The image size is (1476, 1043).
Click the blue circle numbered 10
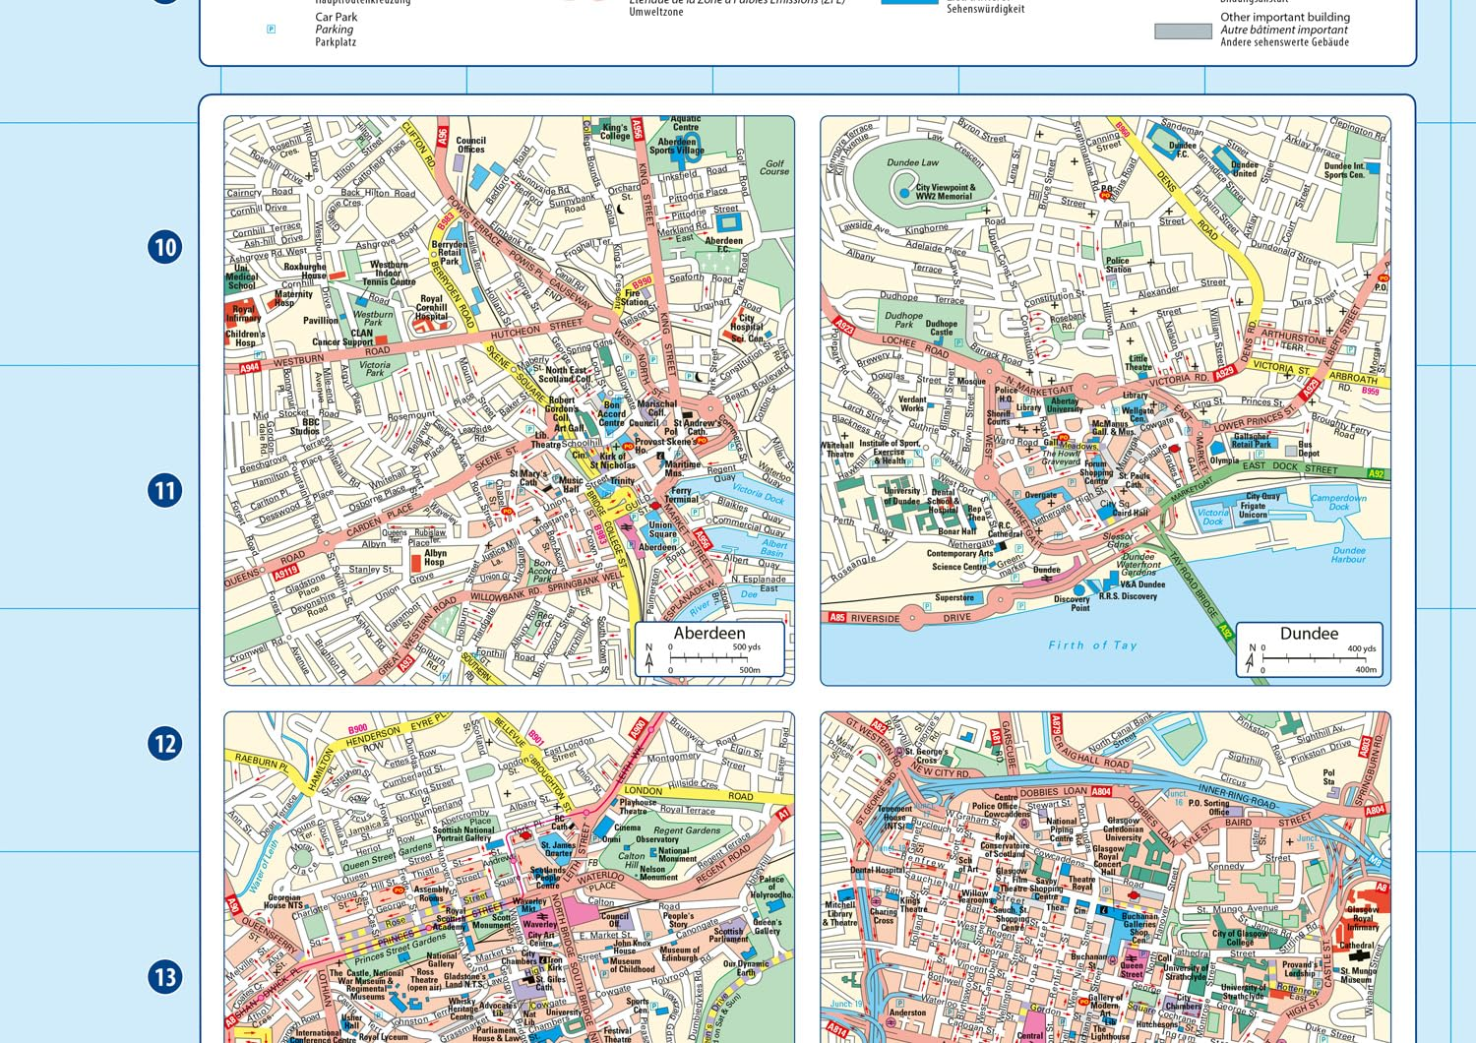point(165,246)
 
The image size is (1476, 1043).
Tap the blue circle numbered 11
point(165,490)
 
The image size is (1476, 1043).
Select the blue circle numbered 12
point(165,743)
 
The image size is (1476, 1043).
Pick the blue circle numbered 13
point(165,977)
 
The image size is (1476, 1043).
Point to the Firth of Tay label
point(1092,645)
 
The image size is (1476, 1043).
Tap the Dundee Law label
point(912,162)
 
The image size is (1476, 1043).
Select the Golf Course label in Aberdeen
point(774,167)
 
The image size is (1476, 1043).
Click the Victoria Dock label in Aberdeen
point(760,494)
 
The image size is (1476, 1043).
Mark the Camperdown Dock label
point(1338,502)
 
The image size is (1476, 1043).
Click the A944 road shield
point(250,368)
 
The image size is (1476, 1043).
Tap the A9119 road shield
point(285,571)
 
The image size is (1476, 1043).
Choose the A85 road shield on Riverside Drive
point(836,618)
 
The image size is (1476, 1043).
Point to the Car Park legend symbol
point(272,30)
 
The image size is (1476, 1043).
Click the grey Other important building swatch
point(1183,31)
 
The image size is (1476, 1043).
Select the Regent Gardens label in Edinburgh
point(687,830)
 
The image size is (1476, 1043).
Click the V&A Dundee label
point(1142,584)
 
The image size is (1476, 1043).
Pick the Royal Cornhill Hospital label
point(431,307)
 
